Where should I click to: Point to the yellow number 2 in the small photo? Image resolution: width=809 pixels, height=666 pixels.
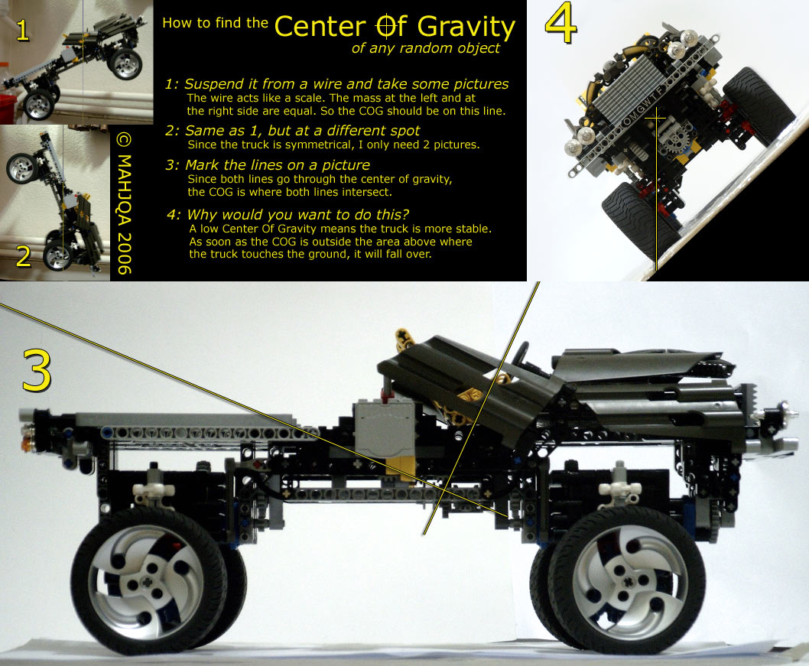[24, 255]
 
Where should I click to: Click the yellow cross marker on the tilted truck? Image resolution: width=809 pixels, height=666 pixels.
[656, 120]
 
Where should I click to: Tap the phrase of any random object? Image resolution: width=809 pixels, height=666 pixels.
[425, 48]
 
